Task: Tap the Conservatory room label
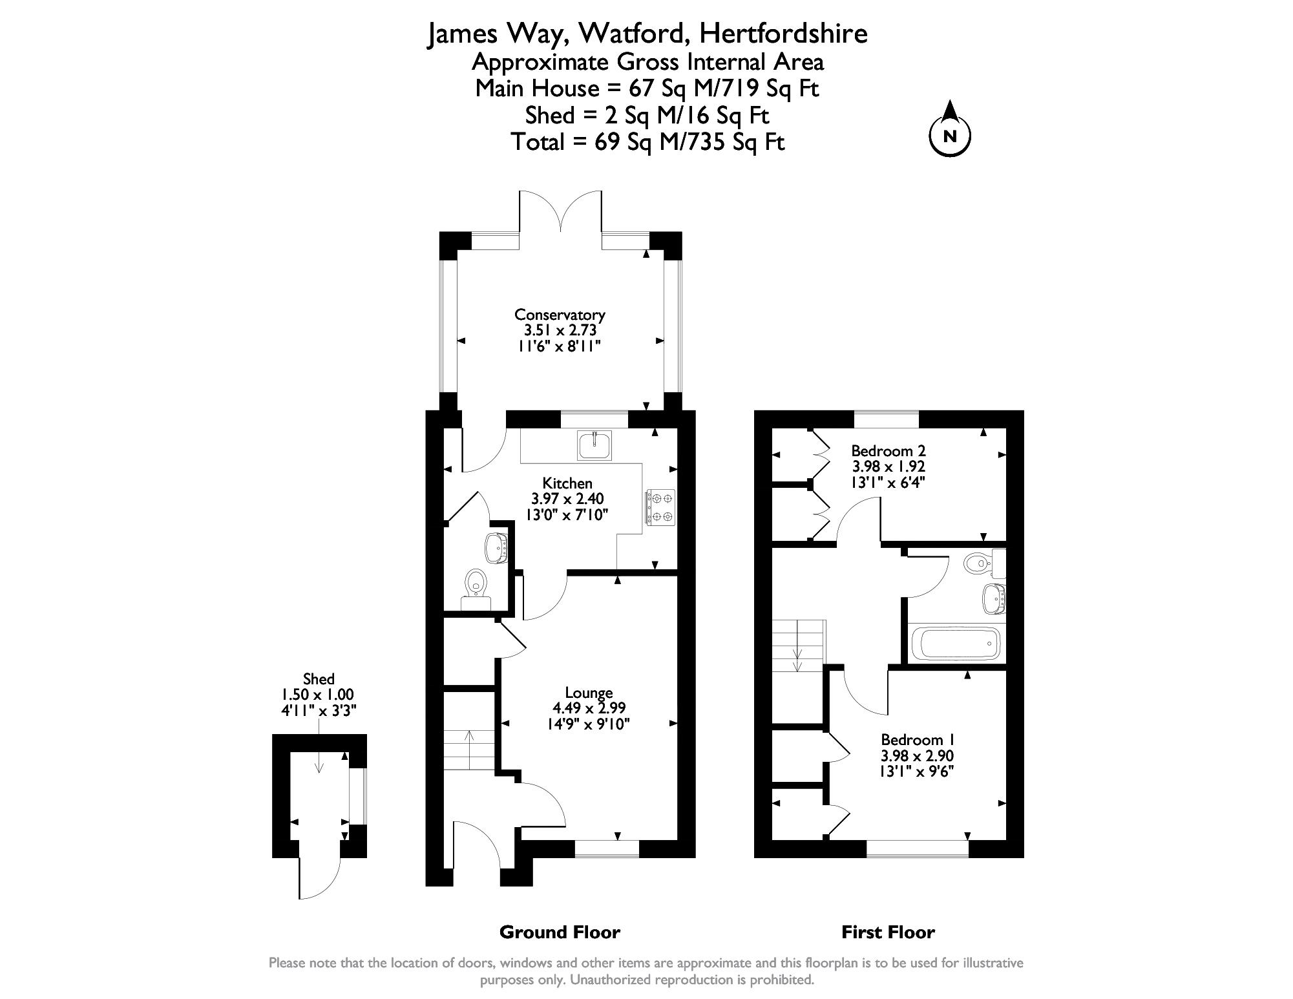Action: coord(560,315)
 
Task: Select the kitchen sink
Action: coord(595,445)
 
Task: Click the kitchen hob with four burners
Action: coord(659,507)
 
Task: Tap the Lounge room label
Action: coord(589,693)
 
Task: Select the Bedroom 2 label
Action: coord(888,450)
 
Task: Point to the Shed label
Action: coord(319,678)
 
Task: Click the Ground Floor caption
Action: coord(560,932)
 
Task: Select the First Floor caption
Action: coord(888,932)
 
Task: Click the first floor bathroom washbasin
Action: coord(994,598)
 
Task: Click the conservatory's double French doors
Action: coord(560,220)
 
